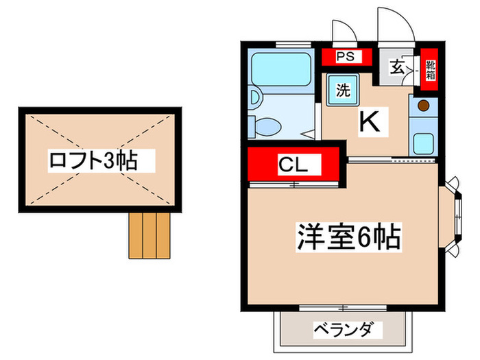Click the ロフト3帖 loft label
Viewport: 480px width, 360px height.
click(92, 161)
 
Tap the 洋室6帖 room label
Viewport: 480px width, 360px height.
click(348, 237)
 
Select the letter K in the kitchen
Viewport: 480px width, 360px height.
click(369, 122)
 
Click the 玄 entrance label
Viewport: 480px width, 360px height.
click(398, 67)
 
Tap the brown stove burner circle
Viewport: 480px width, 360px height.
click(424, 106)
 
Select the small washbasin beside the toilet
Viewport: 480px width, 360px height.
click(254, 98)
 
